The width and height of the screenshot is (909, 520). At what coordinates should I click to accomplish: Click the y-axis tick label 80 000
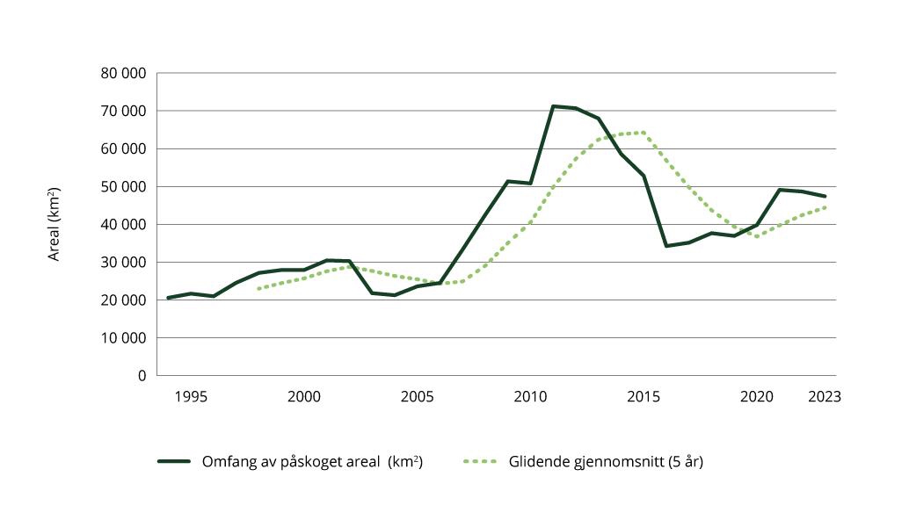123,73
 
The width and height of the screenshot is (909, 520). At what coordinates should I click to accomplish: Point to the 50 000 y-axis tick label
123,186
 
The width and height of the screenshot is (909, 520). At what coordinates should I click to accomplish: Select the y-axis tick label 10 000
123,337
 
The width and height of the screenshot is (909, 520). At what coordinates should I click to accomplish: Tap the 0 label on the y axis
141,375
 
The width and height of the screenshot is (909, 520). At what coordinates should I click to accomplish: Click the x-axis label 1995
191,396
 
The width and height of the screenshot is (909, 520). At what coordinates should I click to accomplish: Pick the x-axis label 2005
418,396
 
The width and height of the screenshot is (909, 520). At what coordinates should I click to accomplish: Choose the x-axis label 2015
644,396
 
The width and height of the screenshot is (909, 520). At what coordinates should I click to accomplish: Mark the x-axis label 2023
825,396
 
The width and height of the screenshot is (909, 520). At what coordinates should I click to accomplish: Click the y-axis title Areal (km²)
54,224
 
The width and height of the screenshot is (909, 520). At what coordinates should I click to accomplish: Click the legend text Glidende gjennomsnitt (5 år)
606,461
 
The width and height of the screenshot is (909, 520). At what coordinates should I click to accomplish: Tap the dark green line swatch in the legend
174,461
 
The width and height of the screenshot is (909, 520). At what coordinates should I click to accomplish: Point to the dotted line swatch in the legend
480,461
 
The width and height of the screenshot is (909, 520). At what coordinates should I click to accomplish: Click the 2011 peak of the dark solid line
553,106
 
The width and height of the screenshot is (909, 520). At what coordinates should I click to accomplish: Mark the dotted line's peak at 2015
644,133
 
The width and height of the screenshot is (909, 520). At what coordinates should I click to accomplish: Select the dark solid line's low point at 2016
666,246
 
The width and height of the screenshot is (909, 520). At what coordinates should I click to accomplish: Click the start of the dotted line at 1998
258,288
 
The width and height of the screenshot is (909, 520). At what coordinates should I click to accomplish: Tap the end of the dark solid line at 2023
825,196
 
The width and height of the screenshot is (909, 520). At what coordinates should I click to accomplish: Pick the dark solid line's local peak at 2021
780,190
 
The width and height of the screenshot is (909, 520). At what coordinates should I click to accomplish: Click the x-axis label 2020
757,396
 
